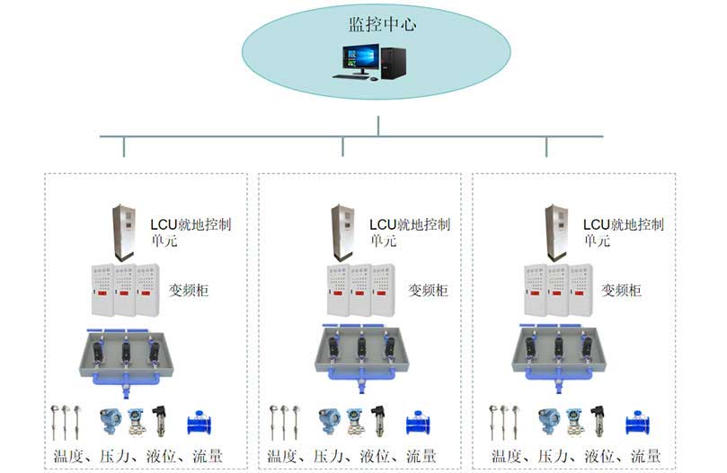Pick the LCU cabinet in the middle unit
342,232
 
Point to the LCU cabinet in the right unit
557,232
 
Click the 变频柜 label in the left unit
189,291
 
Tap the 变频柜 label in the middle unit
428,291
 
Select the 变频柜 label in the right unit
621,291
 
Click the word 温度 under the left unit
67,456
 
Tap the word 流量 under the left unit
207,456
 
